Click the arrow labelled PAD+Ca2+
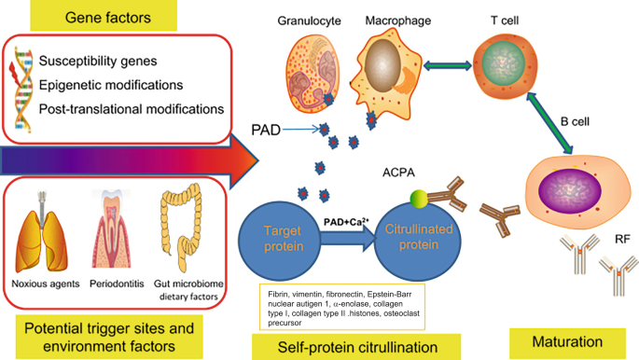pos(346,236)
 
